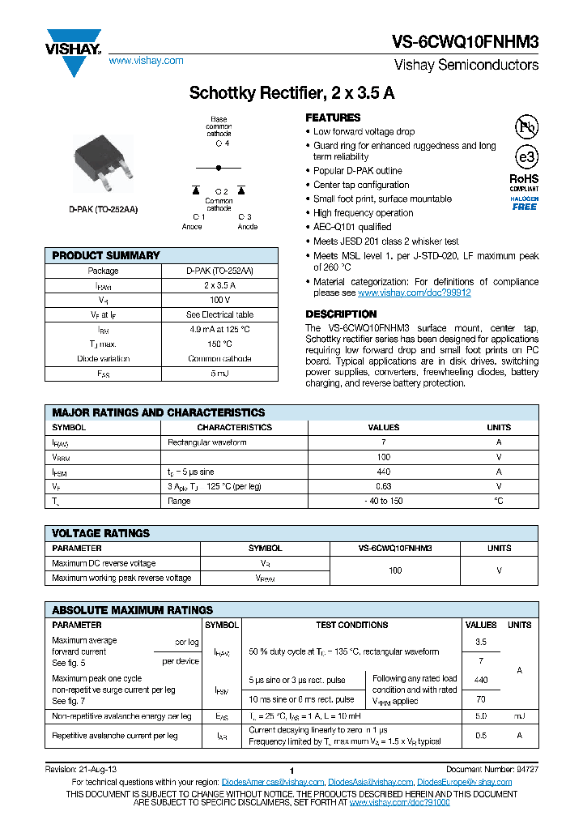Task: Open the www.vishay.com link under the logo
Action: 146,61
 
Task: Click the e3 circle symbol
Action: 526,156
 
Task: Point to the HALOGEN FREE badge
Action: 524,203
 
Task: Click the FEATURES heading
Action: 333,117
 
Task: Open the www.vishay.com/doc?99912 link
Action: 414,293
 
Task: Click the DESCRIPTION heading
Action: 341,314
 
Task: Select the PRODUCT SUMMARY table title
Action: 106,255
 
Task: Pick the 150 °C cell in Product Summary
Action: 219,344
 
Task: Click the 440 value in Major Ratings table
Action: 384,472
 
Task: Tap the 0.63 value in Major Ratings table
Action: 384,486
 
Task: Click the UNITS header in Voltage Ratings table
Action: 499,549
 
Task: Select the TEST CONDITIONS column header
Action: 351,625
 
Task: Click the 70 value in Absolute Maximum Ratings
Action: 481,698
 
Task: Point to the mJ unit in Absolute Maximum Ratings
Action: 519,716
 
